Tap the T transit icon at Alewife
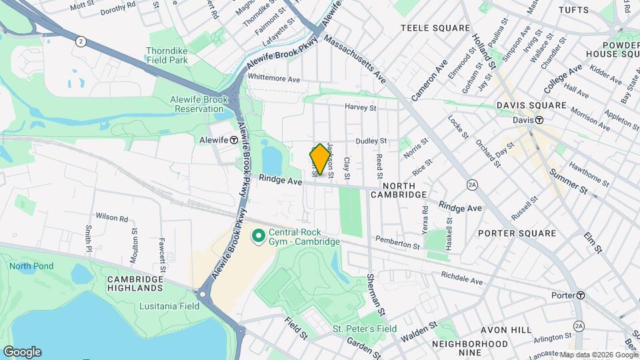pos(234,141)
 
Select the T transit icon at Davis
pos(539,120)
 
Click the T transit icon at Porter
pos(581,295)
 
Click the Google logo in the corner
pos(22,352)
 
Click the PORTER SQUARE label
pos(517,233)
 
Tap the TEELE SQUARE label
pos(435,28)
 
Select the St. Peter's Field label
pos(365,329)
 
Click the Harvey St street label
pos(361,107)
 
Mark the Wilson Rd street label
pos(111,217)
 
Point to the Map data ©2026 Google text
pos(597,355)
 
